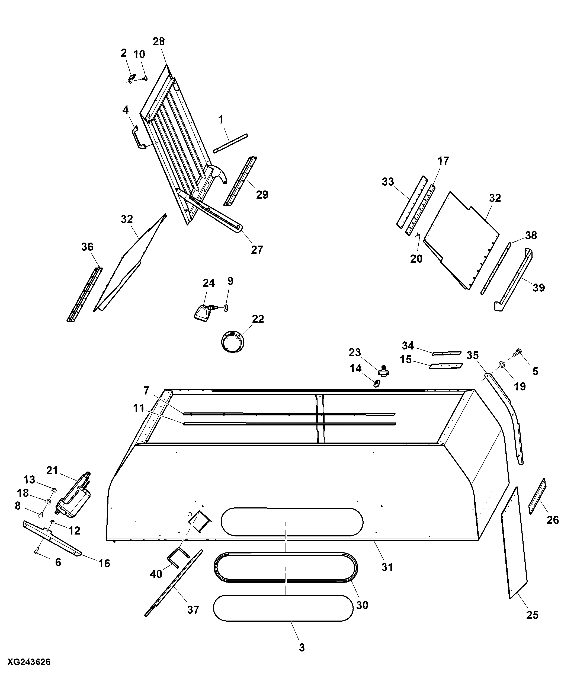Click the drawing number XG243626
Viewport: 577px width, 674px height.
[x=29, y=662]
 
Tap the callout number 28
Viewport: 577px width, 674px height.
[x=159, y=42]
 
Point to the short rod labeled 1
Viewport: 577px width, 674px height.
[x=230, y=143]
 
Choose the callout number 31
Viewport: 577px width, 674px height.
[x=387, y=567]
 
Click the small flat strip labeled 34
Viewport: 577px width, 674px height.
[x=447, y=353]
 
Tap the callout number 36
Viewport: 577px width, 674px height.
[x=87, y=247]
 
